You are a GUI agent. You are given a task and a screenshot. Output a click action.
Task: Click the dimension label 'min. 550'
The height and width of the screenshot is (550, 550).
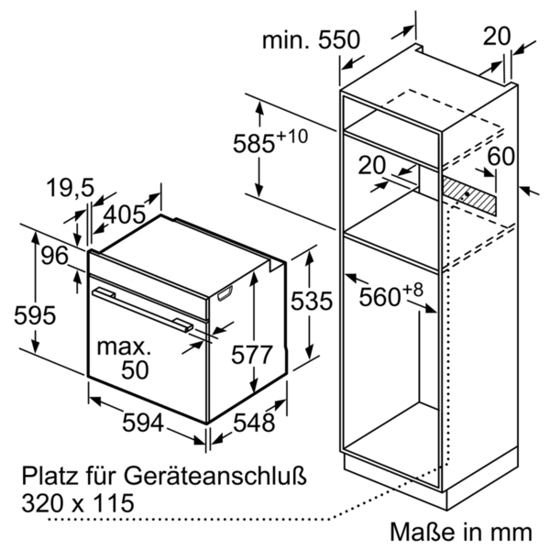(x=312, y=39)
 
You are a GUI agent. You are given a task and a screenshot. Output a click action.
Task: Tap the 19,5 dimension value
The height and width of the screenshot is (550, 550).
(x=71, y=189)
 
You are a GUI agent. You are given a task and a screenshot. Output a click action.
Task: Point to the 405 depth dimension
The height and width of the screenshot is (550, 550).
(x=125, y=214)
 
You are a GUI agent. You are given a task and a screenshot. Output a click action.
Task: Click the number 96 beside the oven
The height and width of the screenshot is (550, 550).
(x=54, y=257)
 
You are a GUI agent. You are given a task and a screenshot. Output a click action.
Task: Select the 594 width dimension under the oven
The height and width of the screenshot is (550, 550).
(x=143, y=423)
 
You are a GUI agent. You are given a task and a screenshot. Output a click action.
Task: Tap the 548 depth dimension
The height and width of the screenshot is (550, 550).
(x=253, y=423)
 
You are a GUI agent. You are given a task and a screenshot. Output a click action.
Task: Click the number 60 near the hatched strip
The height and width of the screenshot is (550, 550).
(x=500, y=157)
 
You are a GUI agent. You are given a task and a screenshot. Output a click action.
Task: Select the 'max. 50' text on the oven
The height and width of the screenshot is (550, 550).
(x=124, y=358)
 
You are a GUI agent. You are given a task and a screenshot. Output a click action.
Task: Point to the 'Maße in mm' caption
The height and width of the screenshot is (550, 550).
(x=460, y=531)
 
